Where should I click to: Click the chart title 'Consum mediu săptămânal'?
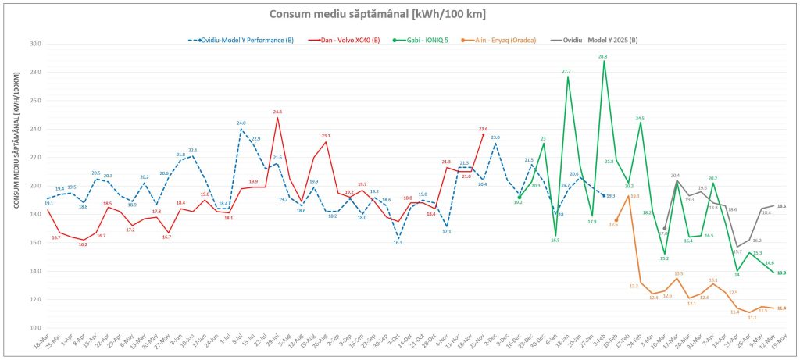(x=398, y=14)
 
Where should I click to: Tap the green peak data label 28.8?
(x=602, y=56)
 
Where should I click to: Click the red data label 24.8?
(x=277, y=112)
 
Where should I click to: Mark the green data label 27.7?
(x=566, y=71)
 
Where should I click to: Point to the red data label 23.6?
(x=483, y=129)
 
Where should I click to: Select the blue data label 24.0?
(x=241, y=123)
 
